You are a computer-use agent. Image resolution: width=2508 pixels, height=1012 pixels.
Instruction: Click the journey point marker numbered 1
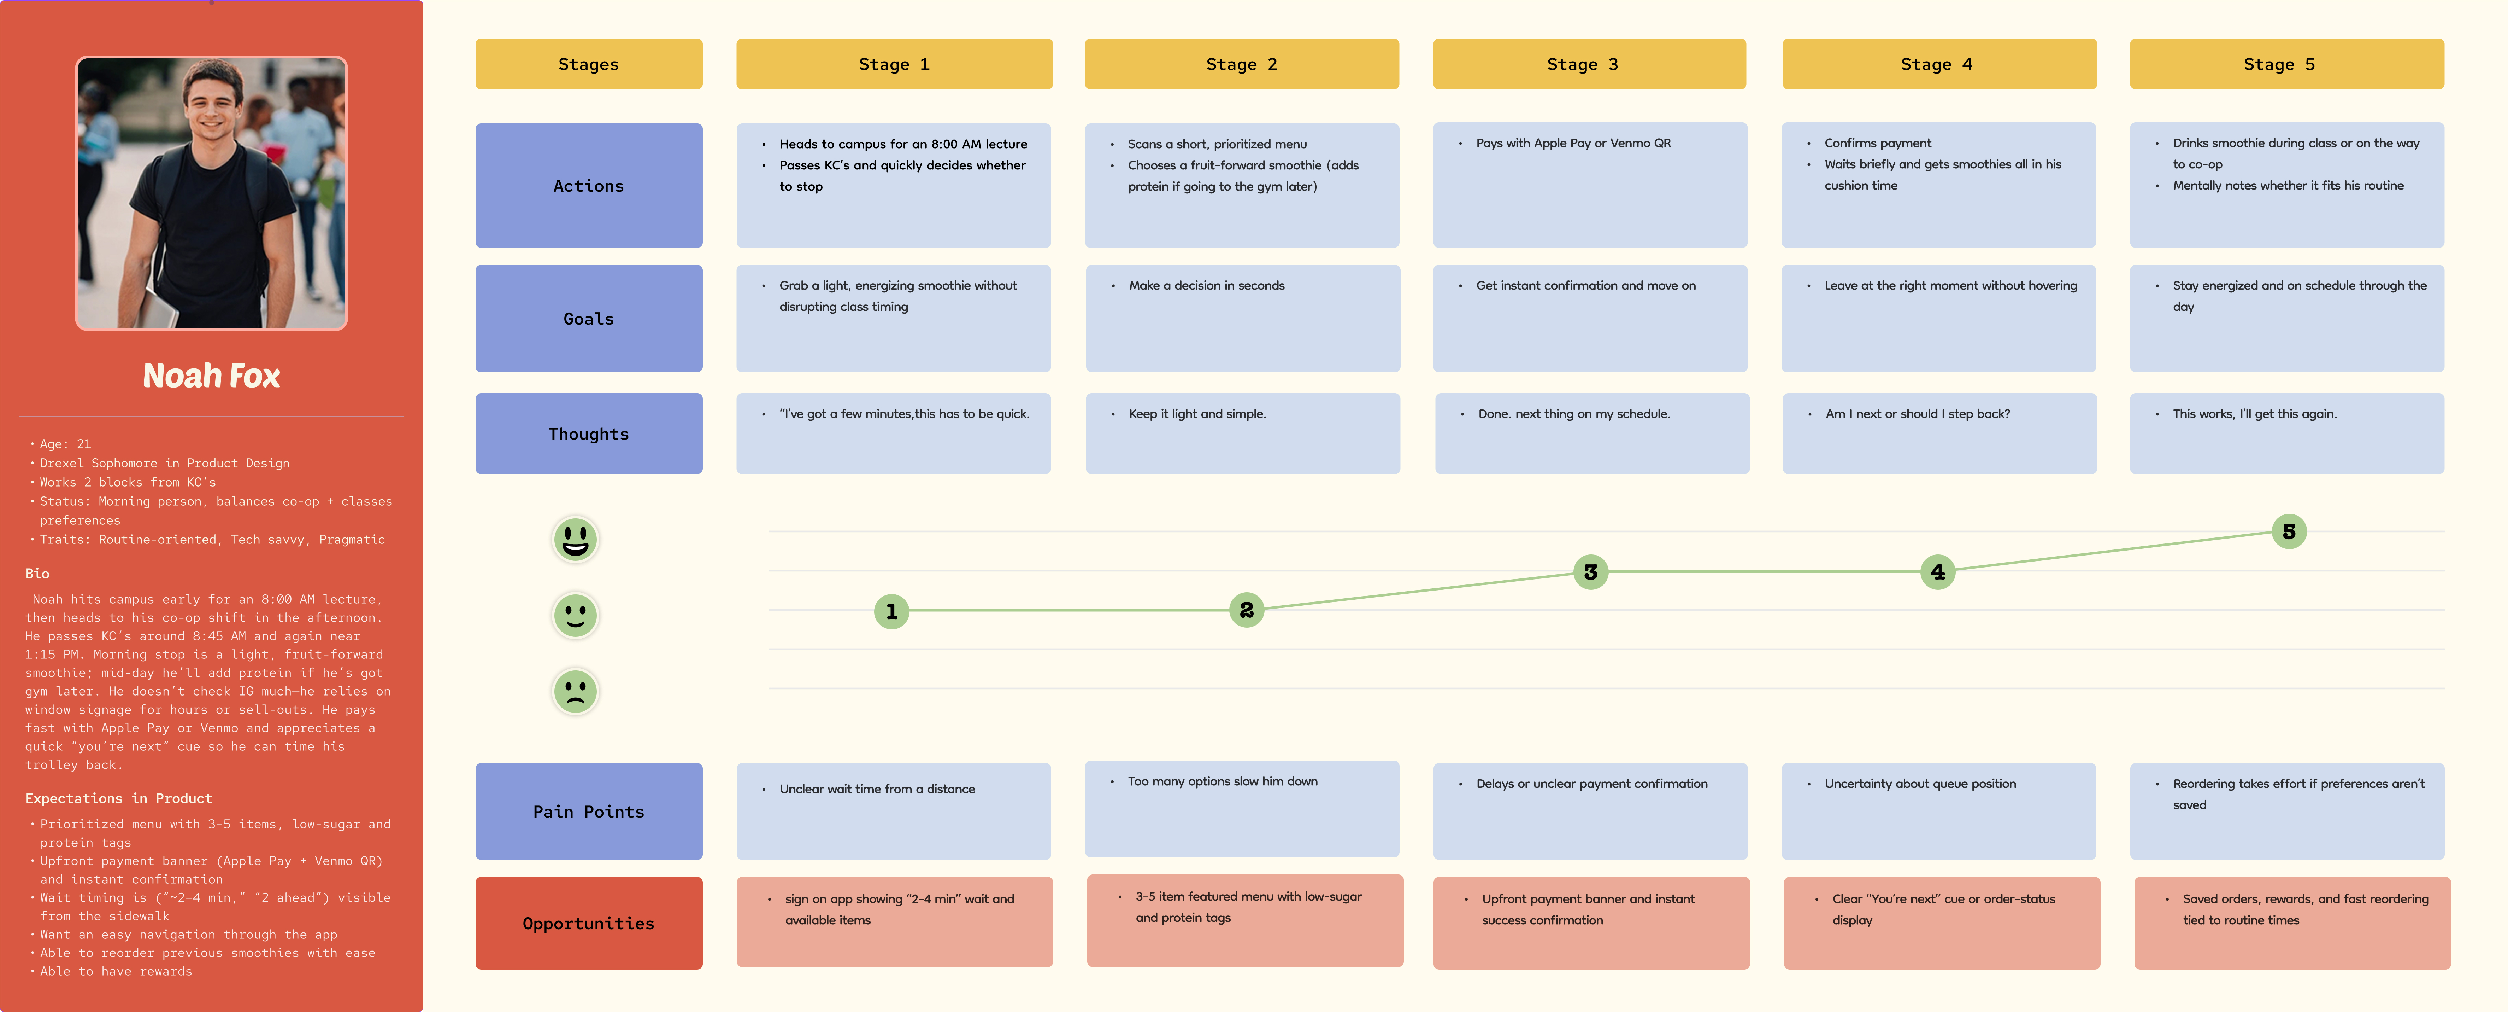[891, 612]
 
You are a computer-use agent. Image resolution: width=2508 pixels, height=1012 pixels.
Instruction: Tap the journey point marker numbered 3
[1590, 572]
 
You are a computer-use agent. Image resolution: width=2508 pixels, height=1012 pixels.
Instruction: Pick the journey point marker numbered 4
[1937, 572]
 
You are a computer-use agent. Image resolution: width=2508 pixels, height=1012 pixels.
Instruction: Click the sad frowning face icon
[575, 692]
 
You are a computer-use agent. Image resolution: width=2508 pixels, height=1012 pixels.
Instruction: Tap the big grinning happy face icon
[575, 539]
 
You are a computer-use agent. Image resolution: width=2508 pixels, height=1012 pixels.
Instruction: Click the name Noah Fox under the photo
[211, 376]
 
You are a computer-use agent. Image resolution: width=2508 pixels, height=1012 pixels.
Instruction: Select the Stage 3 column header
[1589, 64]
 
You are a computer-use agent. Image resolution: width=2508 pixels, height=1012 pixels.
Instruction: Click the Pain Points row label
[588, 812]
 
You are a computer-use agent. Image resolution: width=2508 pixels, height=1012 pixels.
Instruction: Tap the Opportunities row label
[588, 923]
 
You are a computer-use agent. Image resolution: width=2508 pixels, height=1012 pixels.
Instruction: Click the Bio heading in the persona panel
[37, 574]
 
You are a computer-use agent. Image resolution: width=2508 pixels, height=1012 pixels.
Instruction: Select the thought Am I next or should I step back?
[1917, 414]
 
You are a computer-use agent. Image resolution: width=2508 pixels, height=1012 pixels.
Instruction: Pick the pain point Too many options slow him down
[1222, 781]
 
